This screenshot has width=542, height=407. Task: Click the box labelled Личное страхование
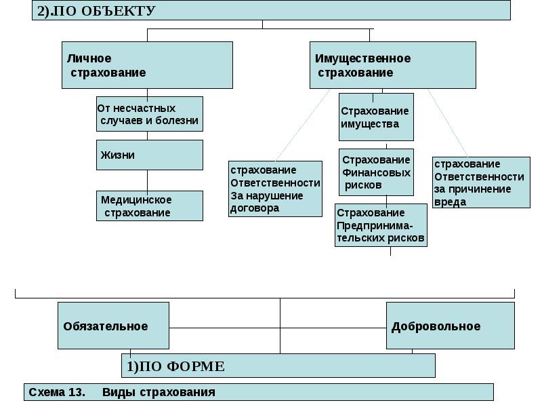coord(147,65)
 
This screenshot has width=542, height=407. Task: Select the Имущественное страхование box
coord(392,65)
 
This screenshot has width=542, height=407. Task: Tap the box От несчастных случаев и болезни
coord(149,114)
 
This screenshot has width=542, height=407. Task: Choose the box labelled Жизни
coord(149,155)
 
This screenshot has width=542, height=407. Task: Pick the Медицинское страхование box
coord(149,206)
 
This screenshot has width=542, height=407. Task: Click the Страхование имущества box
coord(376,117)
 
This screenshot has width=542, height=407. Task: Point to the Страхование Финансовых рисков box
coord(376,172)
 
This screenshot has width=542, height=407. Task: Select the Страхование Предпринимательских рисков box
coord(381,225)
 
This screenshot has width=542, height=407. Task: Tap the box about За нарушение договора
coord(275,189)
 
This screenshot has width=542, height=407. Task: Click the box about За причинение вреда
coord(481,182)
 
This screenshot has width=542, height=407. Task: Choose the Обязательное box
coord(112,326)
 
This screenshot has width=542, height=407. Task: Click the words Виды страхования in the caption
coord(159,392)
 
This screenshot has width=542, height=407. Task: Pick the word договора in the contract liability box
coord(255,208)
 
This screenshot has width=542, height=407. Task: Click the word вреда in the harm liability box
coord(449,202)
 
